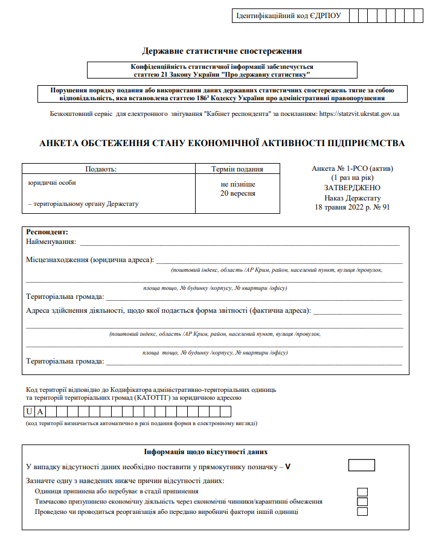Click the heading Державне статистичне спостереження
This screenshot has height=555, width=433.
click(x=222, y=52)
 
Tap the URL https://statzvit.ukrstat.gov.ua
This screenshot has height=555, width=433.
click(x=359, y=114)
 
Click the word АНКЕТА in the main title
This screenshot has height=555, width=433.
click(x=63, y=144)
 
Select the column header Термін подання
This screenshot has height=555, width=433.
click(x=238, y=169)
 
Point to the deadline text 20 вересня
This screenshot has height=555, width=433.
click(x=238, y=193)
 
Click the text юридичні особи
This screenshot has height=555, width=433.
click(x=52, y=183)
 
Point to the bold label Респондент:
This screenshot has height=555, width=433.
click(x=47, y=232)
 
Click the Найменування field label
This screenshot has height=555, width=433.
click(x=51, y=242)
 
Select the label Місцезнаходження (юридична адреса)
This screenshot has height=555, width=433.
click(x=89, y=260)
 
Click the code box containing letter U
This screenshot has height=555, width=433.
click(x=28, y=412)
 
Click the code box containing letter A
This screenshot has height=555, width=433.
click(x=40, y=412)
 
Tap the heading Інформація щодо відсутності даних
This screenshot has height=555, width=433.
click(x=206, y=452)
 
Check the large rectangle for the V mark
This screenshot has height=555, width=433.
click(x=362, y=466)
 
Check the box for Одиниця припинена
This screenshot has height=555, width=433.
click(x=362, y=492)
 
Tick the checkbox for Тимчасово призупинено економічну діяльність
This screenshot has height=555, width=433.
click(x=362, y=502)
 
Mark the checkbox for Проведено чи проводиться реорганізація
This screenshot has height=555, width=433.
click(x=362, y=512)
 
